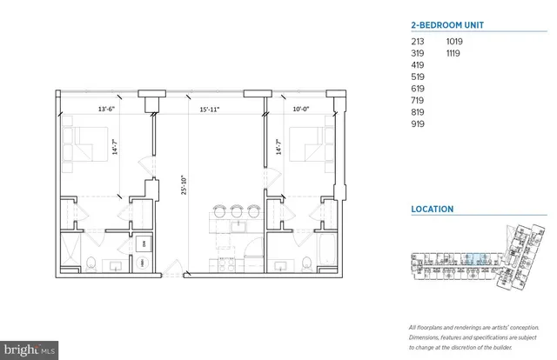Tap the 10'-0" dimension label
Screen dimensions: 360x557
(x=299, y=110)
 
